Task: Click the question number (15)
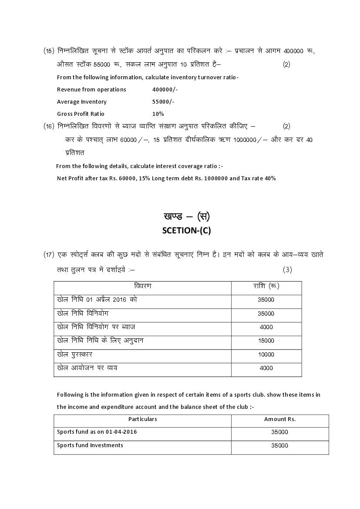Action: (x=49, y=51)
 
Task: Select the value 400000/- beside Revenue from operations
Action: (x=165, y=90)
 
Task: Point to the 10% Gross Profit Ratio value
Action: (x=158, y=114)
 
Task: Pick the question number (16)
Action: (x=49, y=126)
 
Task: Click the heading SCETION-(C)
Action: (x=186, y=231)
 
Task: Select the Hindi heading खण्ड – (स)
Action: (x=186, y=216)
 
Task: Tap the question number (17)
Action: (x=49, y=254)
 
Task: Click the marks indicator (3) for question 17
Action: (x=287, y=270)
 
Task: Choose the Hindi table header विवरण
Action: (x=143, y=287)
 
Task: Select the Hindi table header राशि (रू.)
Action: (x=266, y=287)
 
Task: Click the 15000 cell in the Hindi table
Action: (x=266, y=341)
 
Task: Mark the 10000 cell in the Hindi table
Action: (x=266, y=355)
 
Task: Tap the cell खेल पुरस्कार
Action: (x=75, y=354)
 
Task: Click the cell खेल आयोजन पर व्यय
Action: (x=87, y=368)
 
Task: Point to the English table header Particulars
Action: (x=143, y=419)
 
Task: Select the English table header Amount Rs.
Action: (x=279, y=419)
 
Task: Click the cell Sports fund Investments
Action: (x=90, y=445)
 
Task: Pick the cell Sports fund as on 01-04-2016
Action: (x=94, y=432)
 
